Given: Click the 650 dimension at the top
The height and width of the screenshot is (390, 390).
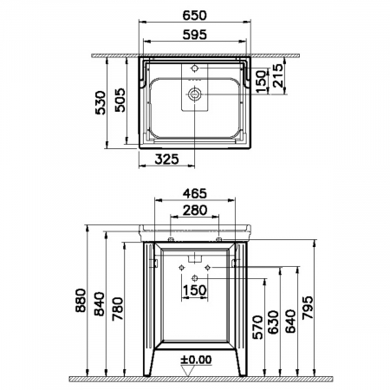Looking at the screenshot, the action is (x=195, y=16).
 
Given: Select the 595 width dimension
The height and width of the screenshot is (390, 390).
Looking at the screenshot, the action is (x=195, y=35).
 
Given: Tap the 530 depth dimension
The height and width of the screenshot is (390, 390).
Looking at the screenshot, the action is (x=101, y=103).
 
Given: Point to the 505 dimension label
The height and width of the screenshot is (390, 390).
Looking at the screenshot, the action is (x=120, y=100).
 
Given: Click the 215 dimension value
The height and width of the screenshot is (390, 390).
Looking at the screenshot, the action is (x=278, y=75).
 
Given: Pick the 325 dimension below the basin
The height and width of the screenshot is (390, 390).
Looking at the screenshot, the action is (x=166, y=159).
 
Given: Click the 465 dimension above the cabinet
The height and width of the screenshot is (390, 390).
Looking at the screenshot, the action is (x=195, y=193).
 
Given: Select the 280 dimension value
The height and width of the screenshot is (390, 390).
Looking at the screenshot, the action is (x=195, y=210).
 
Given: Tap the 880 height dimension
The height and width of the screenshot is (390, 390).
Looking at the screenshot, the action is (x=81, y=300).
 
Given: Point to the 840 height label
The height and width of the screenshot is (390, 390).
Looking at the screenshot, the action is (x=100, y=303).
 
